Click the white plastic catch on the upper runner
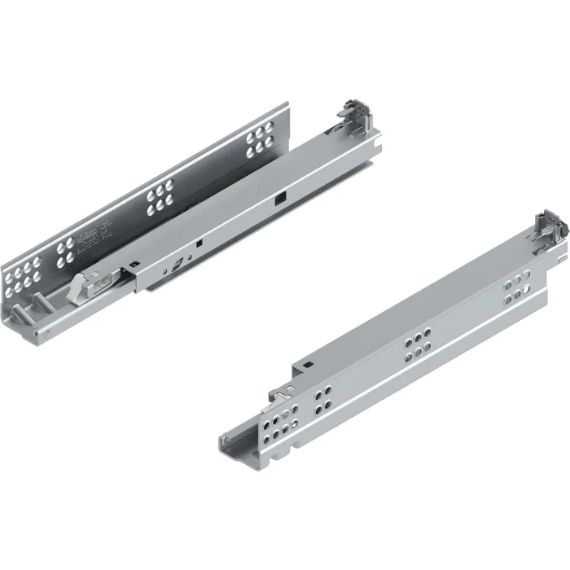pos(86,286)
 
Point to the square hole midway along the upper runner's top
pos(279,195)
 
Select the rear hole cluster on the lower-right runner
pos(515,292)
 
